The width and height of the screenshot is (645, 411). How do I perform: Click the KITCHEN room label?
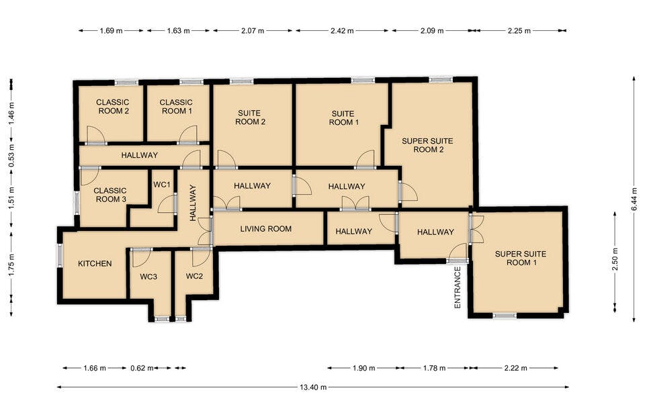pos(95,263)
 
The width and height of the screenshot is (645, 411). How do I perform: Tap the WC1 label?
pos(162,185)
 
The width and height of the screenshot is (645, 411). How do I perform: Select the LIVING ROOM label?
pos(266,229)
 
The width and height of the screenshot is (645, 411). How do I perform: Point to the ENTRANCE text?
pos(458,287)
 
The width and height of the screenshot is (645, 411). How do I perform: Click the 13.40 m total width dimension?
pos(313,387)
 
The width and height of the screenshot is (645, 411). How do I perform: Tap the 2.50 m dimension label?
pos(615,259)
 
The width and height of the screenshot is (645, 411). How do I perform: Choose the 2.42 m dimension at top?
pos(342,30)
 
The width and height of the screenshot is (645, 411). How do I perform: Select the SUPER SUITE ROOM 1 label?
pos(521,258)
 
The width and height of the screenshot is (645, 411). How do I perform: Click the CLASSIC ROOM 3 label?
pos(110,195)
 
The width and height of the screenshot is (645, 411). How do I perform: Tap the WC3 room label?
pos(148,277)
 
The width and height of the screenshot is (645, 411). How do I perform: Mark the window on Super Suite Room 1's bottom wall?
pos(505,316)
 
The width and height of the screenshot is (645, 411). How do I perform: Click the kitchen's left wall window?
pos(60,255)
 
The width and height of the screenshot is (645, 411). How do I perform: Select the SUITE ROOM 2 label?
pos(250,117)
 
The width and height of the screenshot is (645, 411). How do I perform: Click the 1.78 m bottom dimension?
pos(435,368)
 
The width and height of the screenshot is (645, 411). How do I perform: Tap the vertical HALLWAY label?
pos(193,203)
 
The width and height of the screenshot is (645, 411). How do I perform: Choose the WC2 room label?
pos(194,276)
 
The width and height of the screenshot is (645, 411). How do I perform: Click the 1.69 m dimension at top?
pos(111,30)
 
